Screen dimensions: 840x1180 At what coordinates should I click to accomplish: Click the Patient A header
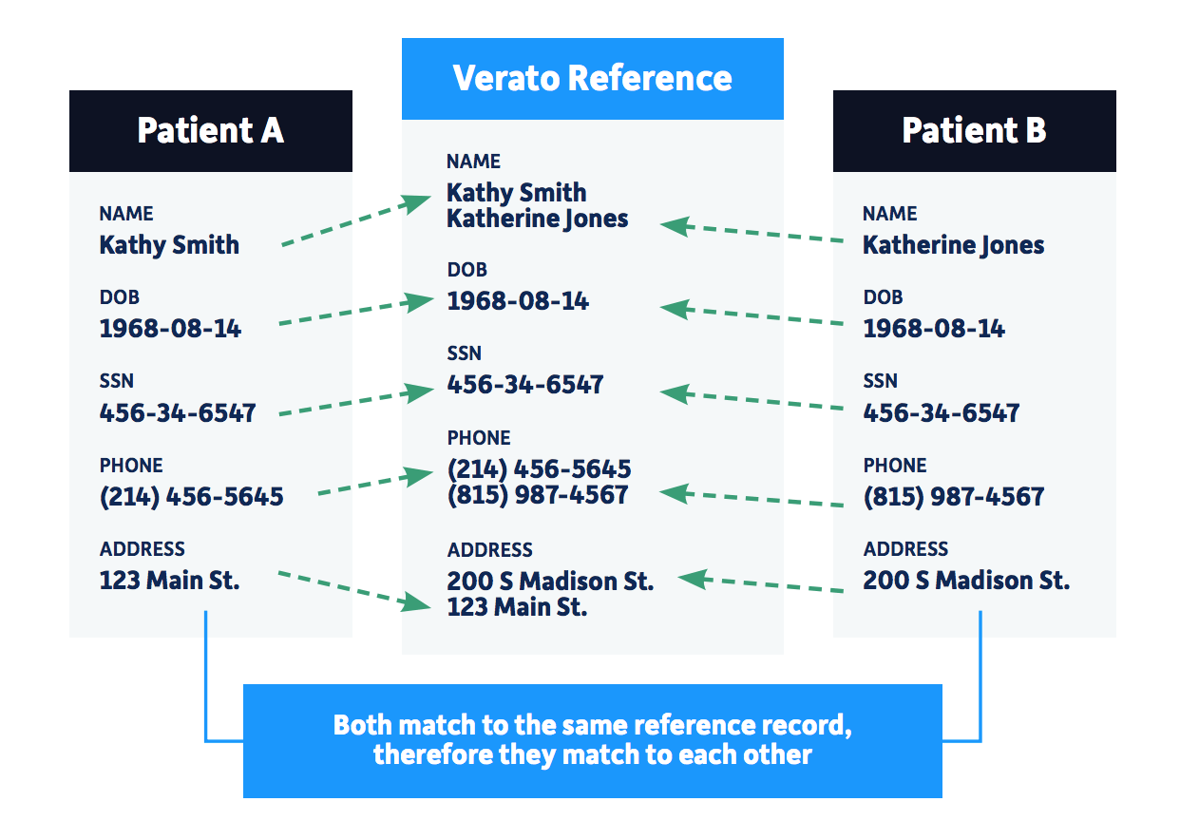[210, 130]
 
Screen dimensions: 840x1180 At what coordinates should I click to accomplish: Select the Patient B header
[974, 130]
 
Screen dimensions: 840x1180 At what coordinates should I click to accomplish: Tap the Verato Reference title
[592, 78]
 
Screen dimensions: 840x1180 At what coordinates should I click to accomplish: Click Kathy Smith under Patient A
[169, 245]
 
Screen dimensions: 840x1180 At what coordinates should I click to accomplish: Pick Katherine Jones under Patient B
[953, 245]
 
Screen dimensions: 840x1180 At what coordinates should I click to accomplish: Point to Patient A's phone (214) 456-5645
[191, 496]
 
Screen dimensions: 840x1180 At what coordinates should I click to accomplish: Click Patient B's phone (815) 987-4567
[953, 496]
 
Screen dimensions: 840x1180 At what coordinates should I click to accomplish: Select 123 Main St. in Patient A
[169, 580]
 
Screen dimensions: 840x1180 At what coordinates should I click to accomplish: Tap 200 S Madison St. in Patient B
[966, 580]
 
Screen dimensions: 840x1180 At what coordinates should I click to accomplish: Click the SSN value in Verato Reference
[525, 385]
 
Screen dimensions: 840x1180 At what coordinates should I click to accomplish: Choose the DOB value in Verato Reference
[518, 301]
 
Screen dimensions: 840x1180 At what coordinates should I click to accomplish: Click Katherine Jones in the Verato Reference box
[538, 219]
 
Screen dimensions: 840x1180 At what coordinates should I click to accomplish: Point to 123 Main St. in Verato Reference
[517, 606]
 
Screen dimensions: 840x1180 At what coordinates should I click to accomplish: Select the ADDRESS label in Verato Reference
[489, 550]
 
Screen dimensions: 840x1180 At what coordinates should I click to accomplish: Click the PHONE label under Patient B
[894, 466]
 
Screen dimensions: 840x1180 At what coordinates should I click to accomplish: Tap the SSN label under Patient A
[116, 381]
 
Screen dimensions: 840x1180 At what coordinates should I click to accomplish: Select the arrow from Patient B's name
[751, 233]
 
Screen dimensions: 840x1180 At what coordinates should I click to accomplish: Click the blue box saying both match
[592, 740]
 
